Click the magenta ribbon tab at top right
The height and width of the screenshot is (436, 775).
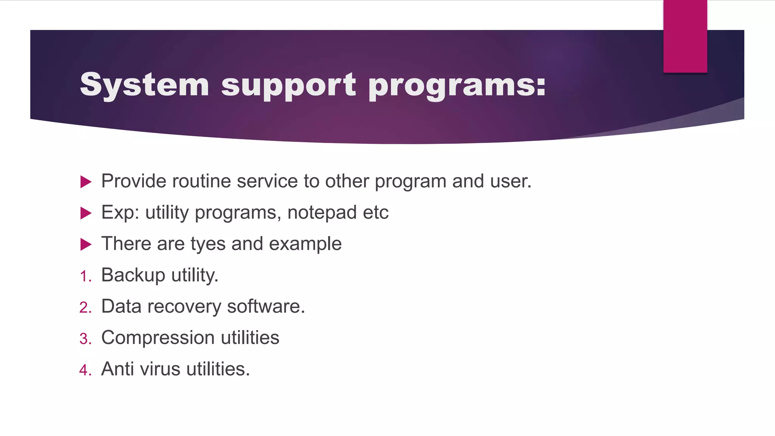pos(685,36)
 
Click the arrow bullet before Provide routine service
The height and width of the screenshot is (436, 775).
pos(86,182)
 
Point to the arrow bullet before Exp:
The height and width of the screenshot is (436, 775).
pos(86,213)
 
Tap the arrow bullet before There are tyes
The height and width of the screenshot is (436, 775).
pos(86,244)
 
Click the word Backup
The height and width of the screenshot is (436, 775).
pos(133,275)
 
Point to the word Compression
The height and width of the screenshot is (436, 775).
pos(158,338)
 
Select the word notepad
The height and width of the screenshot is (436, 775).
pos(322,213)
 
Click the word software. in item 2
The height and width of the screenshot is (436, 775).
pos(266,306)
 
